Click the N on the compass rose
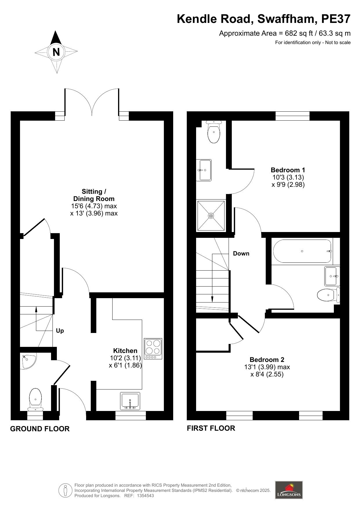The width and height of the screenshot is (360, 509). (56, 52)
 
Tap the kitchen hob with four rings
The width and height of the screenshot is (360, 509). (153, 349)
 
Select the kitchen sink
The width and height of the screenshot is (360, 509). (130, 401)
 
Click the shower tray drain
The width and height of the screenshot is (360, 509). (211, 215)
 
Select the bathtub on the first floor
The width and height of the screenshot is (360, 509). (302, 251)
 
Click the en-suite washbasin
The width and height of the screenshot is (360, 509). (204, 170)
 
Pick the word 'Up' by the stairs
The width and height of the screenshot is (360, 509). (60, 331)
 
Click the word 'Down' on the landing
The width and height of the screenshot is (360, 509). (241, 253)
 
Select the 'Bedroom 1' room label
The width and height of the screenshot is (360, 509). (288, 170)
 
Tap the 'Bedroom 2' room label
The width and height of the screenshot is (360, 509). (267, 360)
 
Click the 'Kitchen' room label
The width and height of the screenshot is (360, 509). (125, 351)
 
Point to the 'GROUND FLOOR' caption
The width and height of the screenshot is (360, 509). (40, 429)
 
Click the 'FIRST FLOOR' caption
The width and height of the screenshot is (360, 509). (211, 428)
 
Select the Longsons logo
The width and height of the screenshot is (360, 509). (289, 490)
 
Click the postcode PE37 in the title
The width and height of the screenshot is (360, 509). (336, 19)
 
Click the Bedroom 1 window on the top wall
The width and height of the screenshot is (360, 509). (292, 116)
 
